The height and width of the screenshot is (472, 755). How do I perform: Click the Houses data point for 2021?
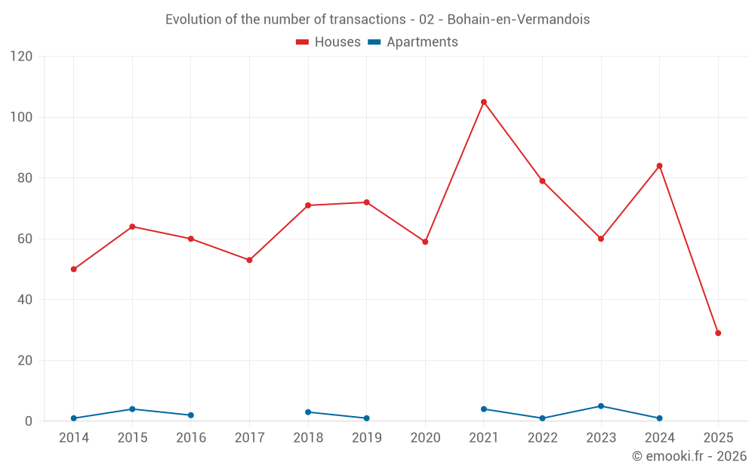tap(484, 102)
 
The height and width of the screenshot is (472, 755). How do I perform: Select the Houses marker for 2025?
tap(718, 333)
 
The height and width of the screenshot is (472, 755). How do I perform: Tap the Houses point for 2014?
tap(74, 269)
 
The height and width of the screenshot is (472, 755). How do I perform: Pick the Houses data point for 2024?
tap(659, 166)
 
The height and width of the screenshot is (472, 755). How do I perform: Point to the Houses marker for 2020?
tap(425, 242)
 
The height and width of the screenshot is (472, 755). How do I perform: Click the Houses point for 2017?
tap(249, 260)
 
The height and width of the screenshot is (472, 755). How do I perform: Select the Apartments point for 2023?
tap(601, 406)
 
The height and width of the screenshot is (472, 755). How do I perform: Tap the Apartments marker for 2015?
tap(132, 409)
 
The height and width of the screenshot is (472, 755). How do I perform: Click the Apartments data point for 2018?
tap(308, 412)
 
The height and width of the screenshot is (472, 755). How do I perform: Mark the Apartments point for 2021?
tap(484, 409)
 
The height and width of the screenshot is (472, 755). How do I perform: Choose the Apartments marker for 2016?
tap(191, 415)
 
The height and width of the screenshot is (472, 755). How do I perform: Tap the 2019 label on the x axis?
tap(366, 438)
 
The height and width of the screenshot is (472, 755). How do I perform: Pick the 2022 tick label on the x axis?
tap(542, 438)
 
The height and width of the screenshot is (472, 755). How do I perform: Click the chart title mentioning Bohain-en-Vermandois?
tap(377, 19)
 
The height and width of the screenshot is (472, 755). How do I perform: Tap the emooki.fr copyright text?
tap(689, 456)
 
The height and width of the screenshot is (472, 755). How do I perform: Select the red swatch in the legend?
tap(303, 42)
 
